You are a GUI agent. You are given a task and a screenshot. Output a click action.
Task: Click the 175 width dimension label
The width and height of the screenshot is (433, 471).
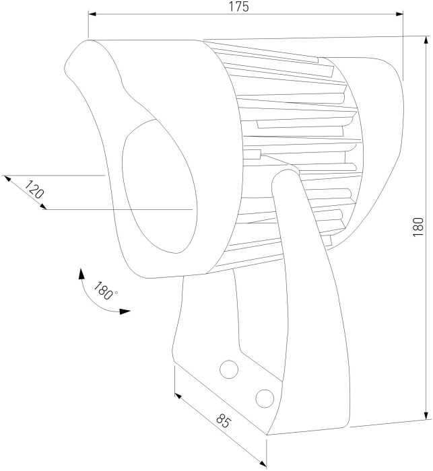click(x=239, y=7)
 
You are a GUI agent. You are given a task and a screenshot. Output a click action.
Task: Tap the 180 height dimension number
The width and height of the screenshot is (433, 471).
click(x=418, y=227)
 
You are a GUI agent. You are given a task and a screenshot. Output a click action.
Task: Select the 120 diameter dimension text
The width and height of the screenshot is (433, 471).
click(x=34, y=189)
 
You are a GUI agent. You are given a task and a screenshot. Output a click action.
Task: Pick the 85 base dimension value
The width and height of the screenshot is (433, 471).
click(x=223, y=421)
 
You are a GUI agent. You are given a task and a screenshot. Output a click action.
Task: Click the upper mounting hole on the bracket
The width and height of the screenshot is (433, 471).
click(x=229, y=369)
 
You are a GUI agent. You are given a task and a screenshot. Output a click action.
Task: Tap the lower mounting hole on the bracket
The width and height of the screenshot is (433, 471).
click(x=265, y=398)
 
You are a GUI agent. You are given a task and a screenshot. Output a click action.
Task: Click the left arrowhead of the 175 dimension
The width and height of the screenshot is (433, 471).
click(x=92, y=14)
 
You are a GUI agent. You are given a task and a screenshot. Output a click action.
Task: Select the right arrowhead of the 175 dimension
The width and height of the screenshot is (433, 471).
click(x=399, y=14)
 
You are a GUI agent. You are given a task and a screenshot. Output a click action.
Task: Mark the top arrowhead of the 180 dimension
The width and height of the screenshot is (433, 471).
click(x=426, y=40)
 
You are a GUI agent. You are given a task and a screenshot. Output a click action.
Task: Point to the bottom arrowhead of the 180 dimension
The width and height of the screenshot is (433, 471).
click(x=426, y=415)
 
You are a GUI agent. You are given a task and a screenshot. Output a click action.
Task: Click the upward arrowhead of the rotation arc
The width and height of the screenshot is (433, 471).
click(x=81, y=273)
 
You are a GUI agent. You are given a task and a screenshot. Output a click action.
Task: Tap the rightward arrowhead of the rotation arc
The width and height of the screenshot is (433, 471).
click(x=125, y=311)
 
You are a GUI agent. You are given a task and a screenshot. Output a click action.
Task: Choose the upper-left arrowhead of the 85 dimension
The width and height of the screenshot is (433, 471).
click(x=178, y=396)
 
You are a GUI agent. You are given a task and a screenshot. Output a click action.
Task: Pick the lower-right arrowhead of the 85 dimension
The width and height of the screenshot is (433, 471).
click(x=263, y=464)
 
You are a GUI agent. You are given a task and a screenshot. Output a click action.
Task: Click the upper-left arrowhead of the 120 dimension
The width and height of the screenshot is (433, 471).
click(x=7, y=179)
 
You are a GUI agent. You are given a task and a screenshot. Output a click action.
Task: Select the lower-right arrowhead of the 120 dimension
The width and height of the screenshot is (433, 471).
click(x=43, y=207)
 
